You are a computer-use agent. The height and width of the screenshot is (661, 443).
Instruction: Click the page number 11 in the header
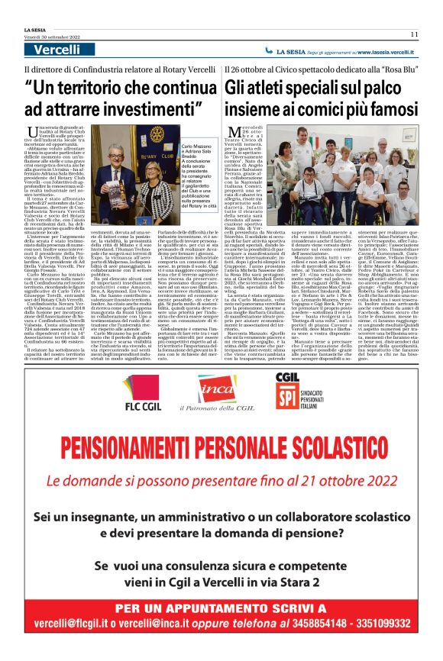pos(413,34)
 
